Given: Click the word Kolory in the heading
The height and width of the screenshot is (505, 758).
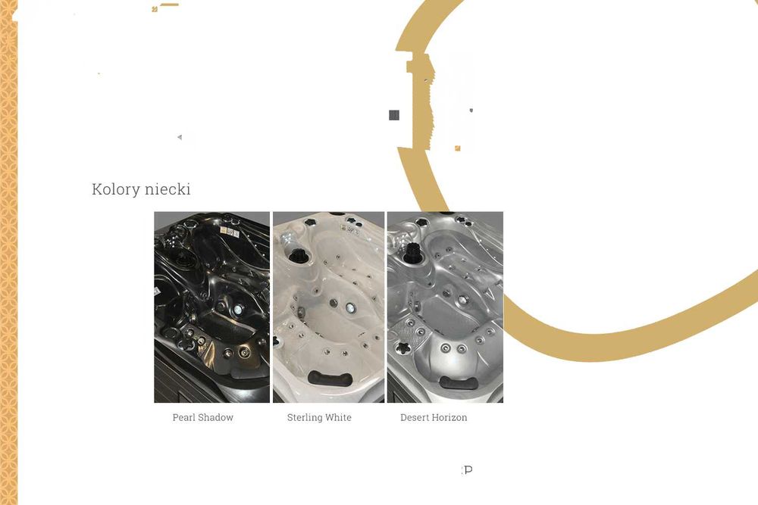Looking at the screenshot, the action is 115,189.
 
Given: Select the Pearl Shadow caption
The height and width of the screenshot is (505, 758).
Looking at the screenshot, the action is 203,418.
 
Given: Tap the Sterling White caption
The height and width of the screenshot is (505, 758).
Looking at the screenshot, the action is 319,418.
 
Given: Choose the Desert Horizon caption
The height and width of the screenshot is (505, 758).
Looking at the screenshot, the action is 434,418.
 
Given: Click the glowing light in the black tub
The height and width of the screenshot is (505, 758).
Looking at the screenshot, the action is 238,310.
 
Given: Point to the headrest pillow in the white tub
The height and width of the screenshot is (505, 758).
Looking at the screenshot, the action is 330,379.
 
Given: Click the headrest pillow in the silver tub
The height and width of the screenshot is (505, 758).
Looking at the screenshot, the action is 459,383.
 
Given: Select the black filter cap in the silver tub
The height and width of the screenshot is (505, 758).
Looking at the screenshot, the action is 412,253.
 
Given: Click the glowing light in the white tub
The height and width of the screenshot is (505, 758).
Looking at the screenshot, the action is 350,307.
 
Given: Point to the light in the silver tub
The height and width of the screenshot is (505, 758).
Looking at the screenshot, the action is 462,301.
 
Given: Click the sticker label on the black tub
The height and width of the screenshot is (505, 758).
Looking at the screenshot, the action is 230,232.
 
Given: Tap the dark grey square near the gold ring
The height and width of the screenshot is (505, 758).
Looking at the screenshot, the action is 394,115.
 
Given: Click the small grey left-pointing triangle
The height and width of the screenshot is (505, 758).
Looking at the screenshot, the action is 180,137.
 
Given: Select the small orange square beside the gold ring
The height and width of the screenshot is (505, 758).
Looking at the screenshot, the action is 457,148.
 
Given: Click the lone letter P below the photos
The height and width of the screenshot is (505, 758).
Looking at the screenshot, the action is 468,469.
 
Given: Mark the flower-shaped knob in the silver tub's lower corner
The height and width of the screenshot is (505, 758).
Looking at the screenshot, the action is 402,348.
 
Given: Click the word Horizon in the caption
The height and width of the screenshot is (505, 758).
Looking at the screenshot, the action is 450,418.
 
